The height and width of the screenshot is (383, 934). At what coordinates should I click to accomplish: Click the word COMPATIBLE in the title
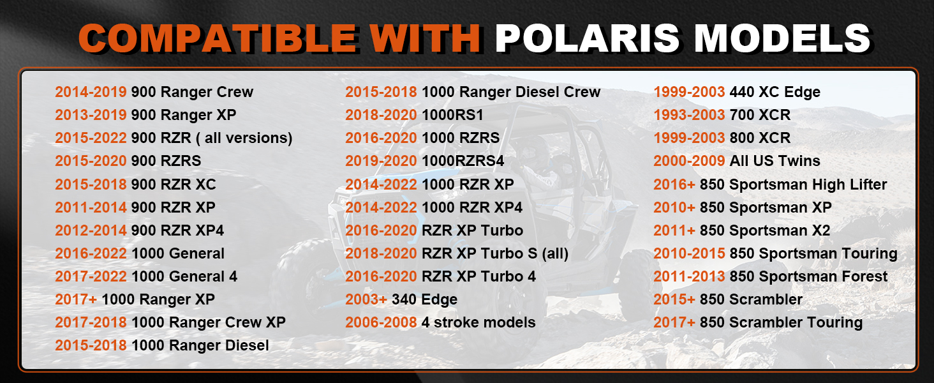218,38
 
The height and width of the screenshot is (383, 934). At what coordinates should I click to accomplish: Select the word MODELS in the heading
783,38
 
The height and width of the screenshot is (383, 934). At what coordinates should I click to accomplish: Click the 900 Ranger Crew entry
192,92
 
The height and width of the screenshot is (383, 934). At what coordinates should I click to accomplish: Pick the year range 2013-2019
91,115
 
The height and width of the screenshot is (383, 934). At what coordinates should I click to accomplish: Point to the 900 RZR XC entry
174,184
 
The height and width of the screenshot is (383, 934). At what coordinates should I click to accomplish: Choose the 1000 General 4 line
184,276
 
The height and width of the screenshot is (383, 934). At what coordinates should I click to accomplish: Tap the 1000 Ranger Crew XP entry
209,322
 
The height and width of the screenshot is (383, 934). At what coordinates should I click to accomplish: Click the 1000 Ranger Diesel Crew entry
511,92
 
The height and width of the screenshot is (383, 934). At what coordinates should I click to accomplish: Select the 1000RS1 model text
452,115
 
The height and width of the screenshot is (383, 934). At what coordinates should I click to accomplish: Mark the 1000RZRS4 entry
463,161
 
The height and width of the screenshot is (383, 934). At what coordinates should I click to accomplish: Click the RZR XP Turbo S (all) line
495,253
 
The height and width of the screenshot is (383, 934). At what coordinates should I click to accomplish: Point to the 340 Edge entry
424,299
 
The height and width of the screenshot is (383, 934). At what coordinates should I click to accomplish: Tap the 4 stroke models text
478,322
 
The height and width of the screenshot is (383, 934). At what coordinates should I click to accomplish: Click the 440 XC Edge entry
775,92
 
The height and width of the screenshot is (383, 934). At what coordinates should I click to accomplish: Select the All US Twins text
775,161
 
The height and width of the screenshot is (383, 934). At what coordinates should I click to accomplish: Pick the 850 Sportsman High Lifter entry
793,184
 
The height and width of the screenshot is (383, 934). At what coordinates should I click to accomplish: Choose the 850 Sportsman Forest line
808,276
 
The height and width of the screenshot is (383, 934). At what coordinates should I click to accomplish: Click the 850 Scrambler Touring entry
781,322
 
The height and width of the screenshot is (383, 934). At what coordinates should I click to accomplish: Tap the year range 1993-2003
689,115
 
